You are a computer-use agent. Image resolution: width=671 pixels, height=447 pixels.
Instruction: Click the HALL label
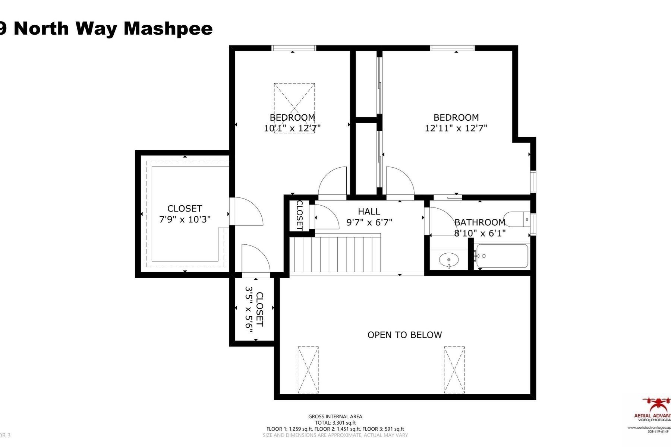tap(369, 212)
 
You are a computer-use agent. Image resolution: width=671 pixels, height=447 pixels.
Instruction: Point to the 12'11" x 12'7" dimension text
tap(456, 128)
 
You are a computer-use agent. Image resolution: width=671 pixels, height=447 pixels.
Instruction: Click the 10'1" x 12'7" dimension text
tap(292, 128)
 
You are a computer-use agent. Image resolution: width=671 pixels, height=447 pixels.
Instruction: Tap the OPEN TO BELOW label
tap(404, 335)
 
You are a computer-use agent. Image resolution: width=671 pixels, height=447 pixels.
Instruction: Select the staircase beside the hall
tap(335, 255)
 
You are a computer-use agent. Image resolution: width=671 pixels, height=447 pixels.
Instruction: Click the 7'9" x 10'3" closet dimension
tap(185, 219)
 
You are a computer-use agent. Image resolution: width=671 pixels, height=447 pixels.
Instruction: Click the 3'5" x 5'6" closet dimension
tap(249, 308)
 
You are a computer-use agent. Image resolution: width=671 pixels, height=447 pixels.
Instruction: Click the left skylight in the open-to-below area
tap(308, 370)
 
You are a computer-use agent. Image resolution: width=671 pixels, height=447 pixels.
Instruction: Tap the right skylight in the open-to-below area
tap(454, 370)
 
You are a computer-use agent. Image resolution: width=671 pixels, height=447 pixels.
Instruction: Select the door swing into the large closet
tap(246, 212)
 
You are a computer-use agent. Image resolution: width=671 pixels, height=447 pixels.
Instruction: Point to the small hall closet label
tap(299, 215)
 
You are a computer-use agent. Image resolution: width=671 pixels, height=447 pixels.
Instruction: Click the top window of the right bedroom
tap(452, 48)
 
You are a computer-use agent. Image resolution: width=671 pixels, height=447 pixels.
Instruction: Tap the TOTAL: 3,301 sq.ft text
tap(335, 423)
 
